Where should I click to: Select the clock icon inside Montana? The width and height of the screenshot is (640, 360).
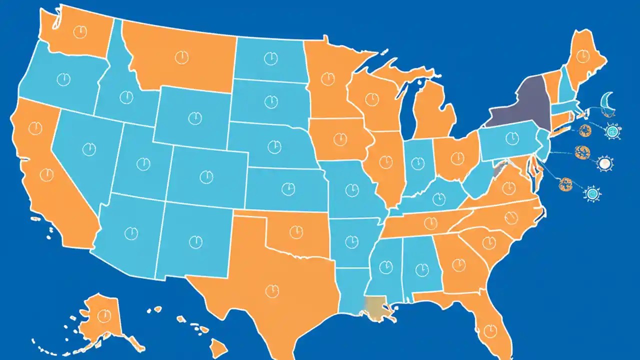click(181, 57)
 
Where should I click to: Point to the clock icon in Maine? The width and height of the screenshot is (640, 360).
click(582, 56)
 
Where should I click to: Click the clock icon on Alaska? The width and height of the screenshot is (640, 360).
click(104, 315)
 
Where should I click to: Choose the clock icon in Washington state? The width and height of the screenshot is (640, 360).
click(79, 31)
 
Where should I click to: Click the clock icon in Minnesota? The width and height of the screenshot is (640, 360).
click(327, 78)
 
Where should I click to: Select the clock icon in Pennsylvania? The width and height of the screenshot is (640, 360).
click(511, 138)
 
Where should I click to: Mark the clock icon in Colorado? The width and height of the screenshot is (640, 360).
click(206, 176)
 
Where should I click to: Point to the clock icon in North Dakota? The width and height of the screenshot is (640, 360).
click(270, 58)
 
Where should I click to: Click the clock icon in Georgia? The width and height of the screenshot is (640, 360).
click(457, 262)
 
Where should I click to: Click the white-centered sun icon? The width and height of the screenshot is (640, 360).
click(604, 163)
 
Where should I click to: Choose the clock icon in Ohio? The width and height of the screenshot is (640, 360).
click(457, 158)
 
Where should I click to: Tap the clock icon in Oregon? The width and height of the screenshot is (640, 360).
click(63, 79)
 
